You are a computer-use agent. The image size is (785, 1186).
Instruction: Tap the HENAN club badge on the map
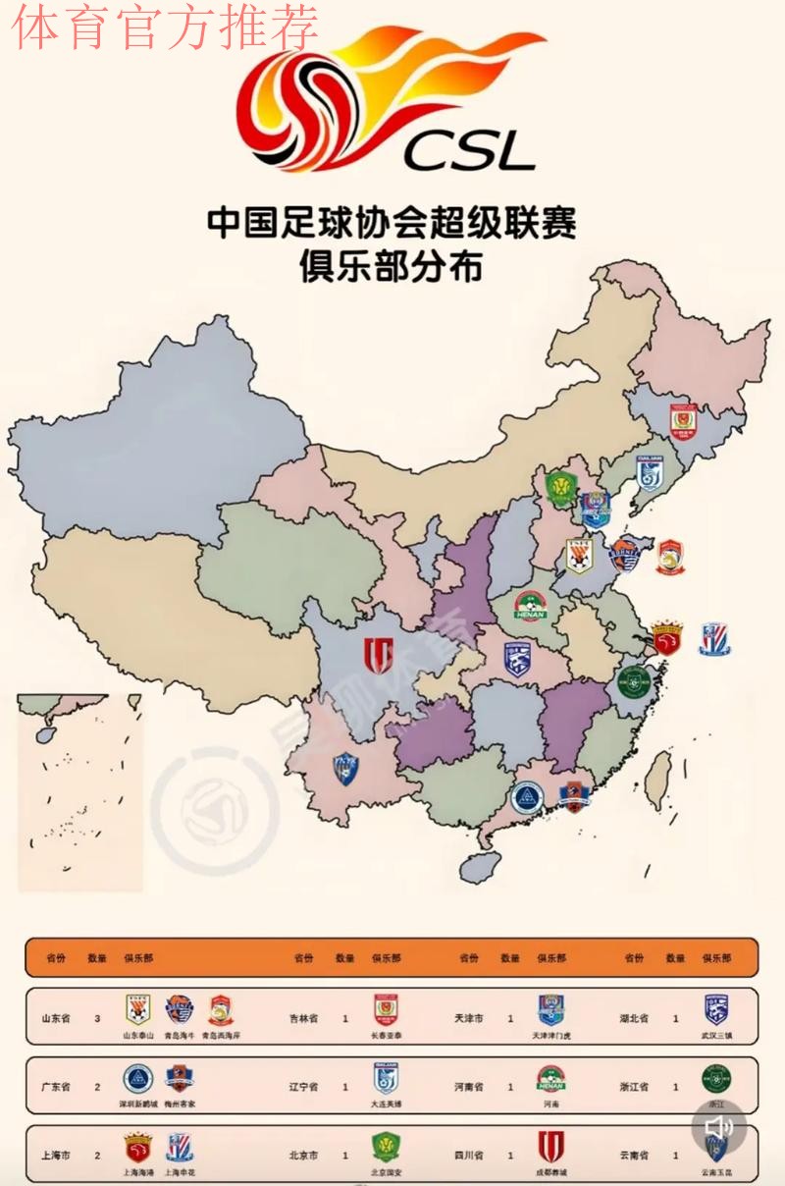pos(530,606)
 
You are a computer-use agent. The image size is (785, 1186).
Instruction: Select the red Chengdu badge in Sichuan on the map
pos(378,655)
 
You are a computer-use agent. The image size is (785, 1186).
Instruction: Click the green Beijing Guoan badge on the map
pos(559,487)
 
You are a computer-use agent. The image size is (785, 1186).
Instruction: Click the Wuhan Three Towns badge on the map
pos(518,659)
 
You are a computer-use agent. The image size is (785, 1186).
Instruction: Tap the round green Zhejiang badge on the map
pos(633,679)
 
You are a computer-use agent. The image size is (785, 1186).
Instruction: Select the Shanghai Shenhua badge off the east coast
pos(714,639)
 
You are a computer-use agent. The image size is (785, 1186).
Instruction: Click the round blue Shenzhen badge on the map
pos(527,797)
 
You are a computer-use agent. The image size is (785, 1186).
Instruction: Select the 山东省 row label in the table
pos(56,1019)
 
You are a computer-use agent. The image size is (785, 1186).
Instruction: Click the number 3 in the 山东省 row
pos(97,1019)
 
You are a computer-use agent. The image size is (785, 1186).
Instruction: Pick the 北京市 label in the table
pos(304,1156)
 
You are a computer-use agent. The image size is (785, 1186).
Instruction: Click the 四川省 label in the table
pos(470,1156)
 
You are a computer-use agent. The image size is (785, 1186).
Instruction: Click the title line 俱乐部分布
pos(392,267)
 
